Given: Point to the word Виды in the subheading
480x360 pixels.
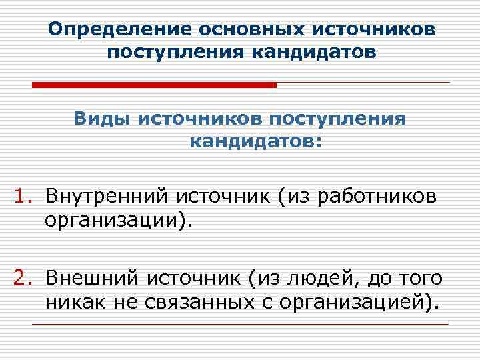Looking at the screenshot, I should [x=101, y=119].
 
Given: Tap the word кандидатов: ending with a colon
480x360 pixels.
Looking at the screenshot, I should [x=255, y=141].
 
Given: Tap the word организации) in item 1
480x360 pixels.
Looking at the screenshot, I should [x=117, y=219].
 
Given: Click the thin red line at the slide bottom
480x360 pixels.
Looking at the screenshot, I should [x=240, y=324].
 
